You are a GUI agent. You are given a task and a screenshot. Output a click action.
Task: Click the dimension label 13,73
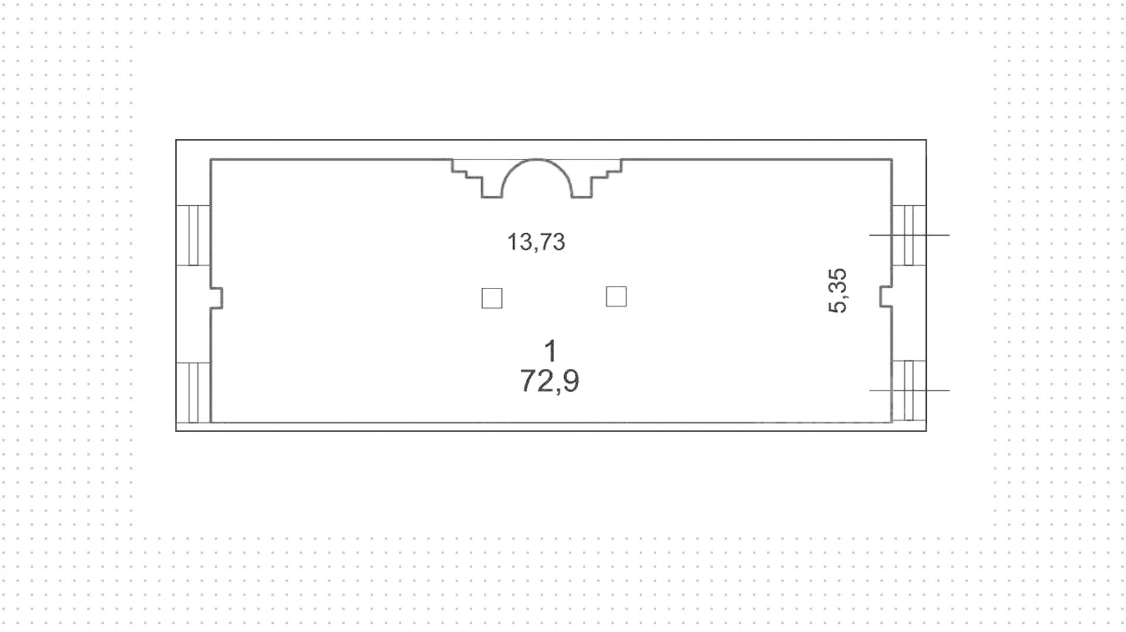(x=536, y=242)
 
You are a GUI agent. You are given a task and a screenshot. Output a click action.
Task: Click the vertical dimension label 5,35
(x=837, y=291)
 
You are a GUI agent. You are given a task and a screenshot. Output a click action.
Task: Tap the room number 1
(x=550, y=352)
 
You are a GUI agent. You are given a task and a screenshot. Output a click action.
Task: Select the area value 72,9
(x=550, y=381)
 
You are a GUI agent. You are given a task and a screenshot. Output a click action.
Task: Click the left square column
(x=491, y=298)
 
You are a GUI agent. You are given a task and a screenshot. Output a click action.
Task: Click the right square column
(x=616, y=297)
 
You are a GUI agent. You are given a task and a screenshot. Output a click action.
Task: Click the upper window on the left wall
(x=194, y=235)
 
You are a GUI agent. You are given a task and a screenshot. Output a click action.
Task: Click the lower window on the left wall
(x=194, y=392)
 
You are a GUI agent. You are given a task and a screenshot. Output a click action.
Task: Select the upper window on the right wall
(x=909, y=235)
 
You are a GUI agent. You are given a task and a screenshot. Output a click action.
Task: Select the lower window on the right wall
(x=909, y=390)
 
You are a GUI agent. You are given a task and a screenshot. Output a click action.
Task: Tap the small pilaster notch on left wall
(x=217, y=298)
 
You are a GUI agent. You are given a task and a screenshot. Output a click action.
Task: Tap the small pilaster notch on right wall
(x=886, y=296)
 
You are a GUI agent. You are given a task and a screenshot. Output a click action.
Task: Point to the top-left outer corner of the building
(x=177, y=140)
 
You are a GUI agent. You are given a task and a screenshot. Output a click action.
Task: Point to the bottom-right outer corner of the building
(x=926, y=431)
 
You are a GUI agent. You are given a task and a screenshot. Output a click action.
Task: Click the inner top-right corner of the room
(x=891, y=159)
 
